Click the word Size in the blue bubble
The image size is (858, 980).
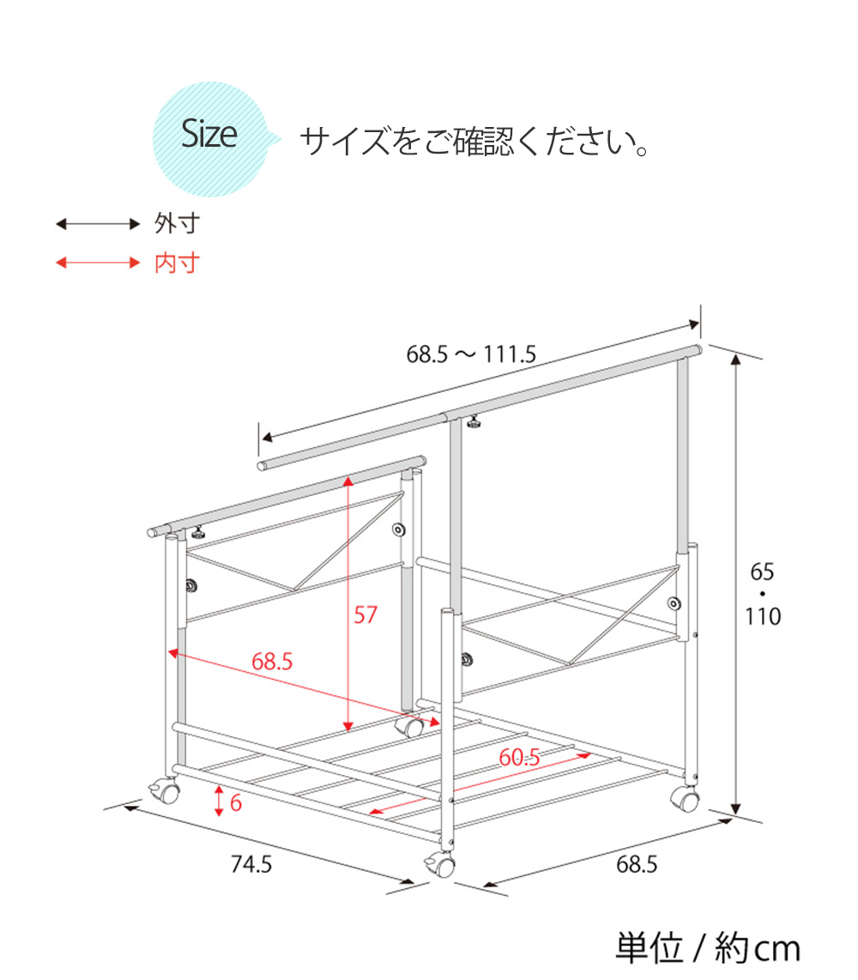pyautogui.click(x=208, y=134)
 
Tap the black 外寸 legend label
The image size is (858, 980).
pyautogui.click(x=177, y=223)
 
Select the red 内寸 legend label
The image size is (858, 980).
pyautogui.click(x=177, y=263)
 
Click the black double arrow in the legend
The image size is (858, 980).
pyautogui.click(x=98, y=224)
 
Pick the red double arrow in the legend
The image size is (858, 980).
pyautogui.click(x=98, y=263)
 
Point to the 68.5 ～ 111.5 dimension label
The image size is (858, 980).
pyautogui.click(x=471, y=354)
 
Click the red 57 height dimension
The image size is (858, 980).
pyautogui.click(x=366, y=615)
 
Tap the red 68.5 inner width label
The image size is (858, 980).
pyautogui.click(x=272, y=662)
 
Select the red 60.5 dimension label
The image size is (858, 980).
pyautogui.click(x=519, y=758)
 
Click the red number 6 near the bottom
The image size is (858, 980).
pyautogui.click(x=236, y=802)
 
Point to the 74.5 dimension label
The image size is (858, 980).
pyautogui.click(x=251, y=864)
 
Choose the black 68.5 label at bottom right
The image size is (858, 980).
pyautogui.click(x=637, y=864)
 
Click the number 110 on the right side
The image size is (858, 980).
pyautogui.click(x=763, y=617)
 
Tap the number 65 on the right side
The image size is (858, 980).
pyautogui.click(x=763, y=572)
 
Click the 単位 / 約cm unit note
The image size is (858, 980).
pyautogui.click(x=708, y=948)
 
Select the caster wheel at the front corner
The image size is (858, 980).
pyautogui.click(x=442, y=864)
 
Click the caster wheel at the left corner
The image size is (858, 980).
pyautogui.click(x=166, y=791)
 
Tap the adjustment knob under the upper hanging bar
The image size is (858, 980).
pyautogui.click(x=474, y=423)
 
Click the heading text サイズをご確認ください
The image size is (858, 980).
pyautogui.click(x=475, y=142)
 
